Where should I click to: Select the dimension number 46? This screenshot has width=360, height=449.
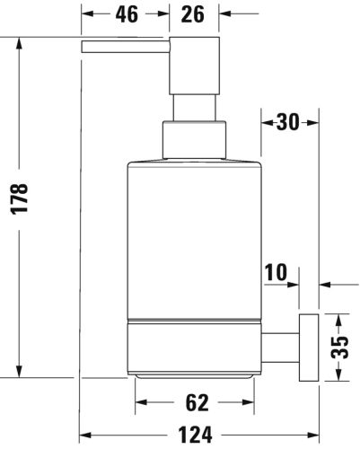pos(126,13)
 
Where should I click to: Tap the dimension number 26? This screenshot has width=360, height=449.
pos(194,13)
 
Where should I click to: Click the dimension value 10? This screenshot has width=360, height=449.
pos(279,271)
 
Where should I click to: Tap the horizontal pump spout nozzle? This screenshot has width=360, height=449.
pos(124,47)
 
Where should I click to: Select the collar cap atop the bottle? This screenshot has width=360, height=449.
pos(193,141)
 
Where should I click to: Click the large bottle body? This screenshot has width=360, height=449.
pos(193,238)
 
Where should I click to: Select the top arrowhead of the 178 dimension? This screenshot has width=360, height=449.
pos(21,43)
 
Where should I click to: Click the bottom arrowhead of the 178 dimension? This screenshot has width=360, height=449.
pos(21,372)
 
